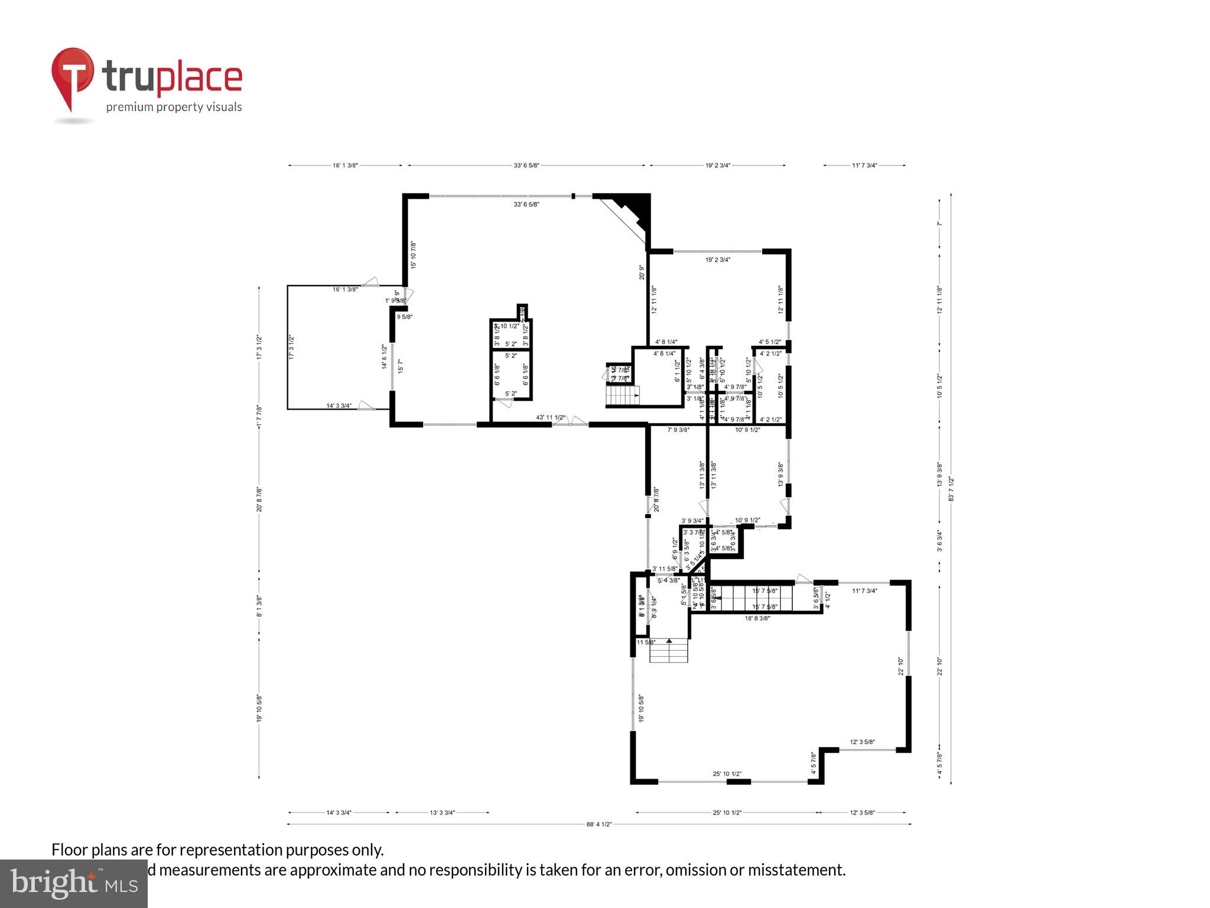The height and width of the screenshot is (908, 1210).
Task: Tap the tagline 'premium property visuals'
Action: pos(174,107)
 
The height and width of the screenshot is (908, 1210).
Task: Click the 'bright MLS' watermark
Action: pos(74,884)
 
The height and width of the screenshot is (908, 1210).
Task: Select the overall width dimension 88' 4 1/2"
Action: pos(599,824)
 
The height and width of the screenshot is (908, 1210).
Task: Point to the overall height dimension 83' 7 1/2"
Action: pos(951,489)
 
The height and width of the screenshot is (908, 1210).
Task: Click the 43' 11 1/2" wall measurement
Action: pos(551,417)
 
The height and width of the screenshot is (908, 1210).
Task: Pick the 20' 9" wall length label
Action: pos(642,272)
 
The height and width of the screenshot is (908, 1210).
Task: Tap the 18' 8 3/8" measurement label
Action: pos(757,618)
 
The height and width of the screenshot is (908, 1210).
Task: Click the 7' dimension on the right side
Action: pos(939,223)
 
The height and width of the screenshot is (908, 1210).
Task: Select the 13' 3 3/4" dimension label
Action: pos(442,813)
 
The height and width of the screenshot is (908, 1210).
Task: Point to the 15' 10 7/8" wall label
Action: pos(414,255)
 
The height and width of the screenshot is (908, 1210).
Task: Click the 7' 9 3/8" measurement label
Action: pos(678,430)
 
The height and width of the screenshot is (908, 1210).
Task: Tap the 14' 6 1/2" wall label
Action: pos(384,357)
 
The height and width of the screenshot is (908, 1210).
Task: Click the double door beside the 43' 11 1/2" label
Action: pos(570,421)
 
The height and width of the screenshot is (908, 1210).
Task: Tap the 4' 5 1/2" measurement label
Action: pos(770,342)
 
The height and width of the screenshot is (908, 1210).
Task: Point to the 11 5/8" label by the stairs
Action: pos(645,642)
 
